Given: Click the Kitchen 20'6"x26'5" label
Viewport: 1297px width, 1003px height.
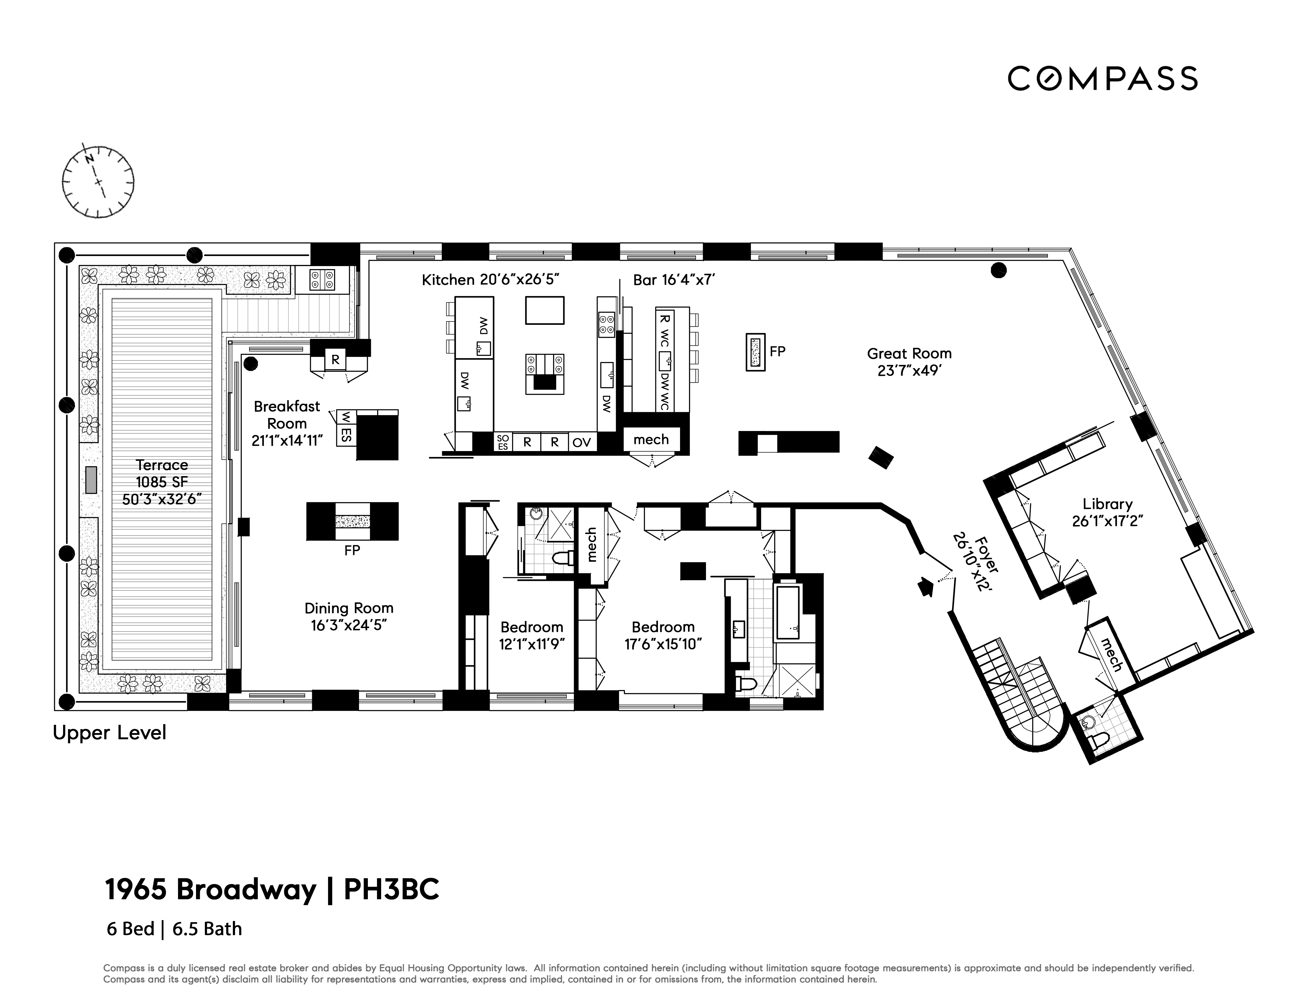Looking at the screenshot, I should (491, 280).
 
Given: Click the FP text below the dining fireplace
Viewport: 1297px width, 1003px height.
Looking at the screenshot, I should (352, 551).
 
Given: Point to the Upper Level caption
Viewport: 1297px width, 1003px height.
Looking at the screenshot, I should (109, 733).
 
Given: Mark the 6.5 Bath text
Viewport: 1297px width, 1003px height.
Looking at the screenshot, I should (207, 929).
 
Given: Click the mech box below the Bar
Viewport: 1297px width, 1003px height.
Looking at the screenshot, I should (651, 440).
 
